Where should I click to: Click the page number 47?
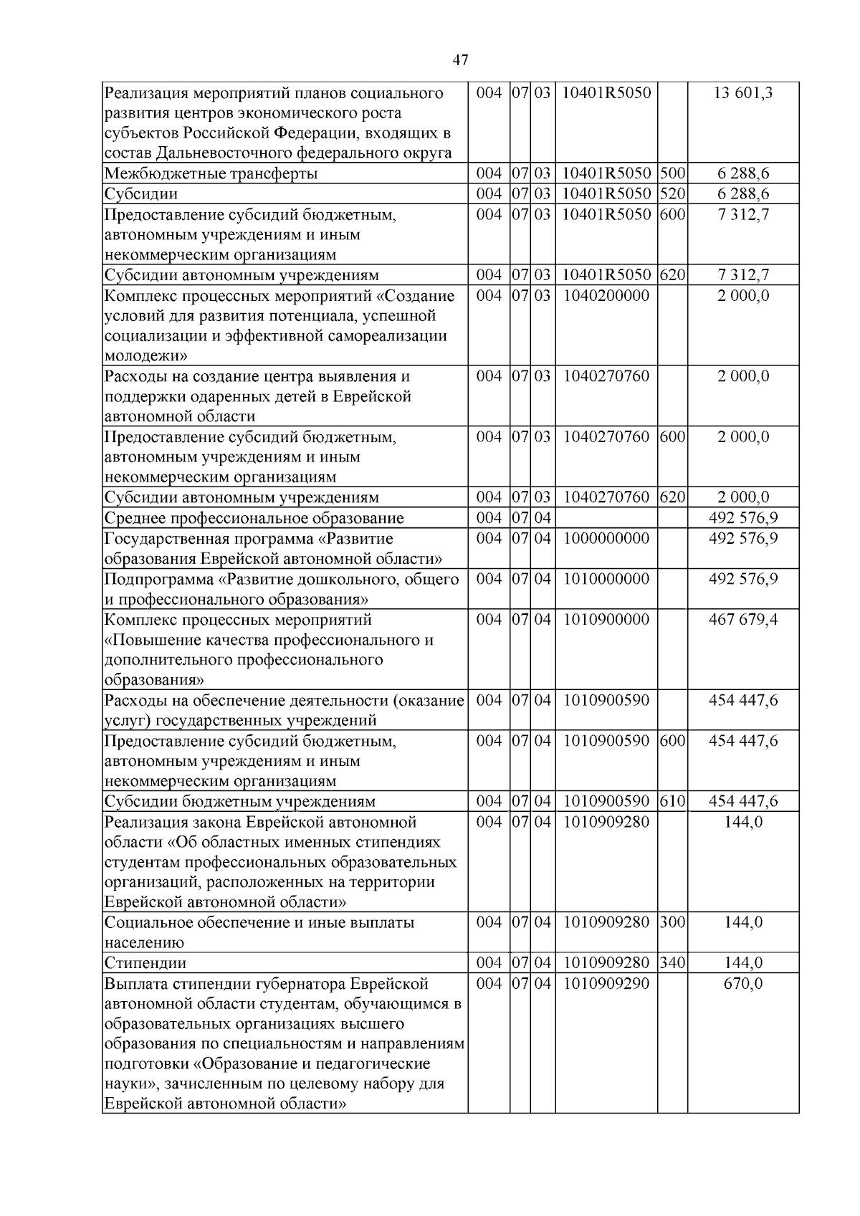point(461,61)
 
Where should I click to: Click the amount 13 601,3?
point(743,93)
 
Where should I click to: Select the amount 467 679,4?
point(743,619)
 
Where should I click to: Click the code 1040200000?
point(606,296)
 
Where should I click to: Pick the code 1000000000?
point(606,538)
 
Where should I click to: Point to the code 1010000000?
point(606,579)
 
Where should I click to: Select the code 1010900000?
point(606,619)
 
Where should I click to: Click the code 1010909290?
point(606,983)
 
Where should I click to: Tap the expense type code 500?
point(673,173)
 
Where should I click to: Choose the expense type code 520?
point(673,193)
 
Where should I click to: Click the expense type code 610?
point(673,801)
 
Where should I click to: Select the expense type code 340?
point(673,963)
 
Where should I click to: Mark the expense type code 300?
point(673,922)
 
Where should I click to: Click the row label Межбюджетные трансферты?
point(211,173)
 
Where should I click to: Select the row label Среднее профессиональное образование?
point(254,518)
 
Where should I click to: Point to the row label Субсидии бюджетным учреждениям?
point(240,801)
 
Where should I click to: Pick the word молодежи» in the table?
point(146,356)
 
